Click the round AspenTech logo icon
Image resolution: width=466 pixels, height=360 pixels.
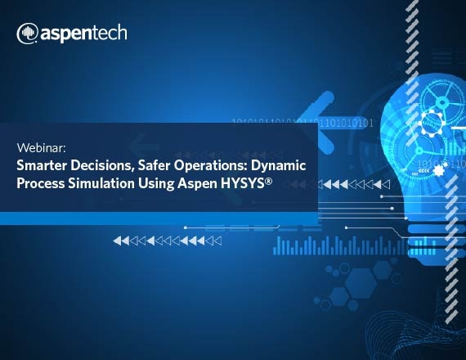pyautogui.click(x=27, y=34)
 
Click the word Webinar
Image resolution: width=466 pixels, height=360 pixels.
pyautogui.click(x=41, y=148)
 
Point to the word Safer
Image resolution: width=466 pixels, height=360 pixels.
pyautogui.click(x=154, y=165)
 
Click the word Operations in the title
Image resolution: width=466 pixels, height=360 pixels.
pyautogui.click(x=211, y=166)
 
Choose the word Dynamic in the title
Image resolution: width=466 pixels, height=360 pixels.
pyautogui.click(x=279, y=166)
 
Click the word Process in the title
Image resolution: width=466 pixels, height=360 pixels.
pyautogui.click(x=41, y=183)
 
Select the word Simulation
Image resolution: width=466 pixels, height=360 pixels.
pyautogui.click(x=101, y=183)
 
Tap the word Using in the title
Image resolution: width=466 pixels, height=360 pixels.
pyautogui.click(x=156, y=184)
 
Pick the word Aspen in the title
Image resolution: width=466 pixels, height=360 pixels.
pyautogui.click(x=198, y=184)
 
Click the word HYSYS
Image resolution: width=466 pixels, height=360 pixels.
pyautogui.click(x=243, y=183)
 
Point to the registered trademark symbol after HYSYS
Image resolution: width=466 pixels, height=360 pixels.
pyautogui.click(x=268, y=181)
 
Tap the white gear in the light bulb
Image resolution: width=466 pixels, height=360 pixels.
pyautogui.click(x=432, y=122)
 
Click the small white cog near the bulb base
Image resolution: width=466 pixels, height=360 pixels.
pyautogui.click(x=438, y=171)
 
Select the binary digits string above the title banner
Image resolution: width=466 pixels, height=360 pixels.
pyautogui.click(x=302, y=123)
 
